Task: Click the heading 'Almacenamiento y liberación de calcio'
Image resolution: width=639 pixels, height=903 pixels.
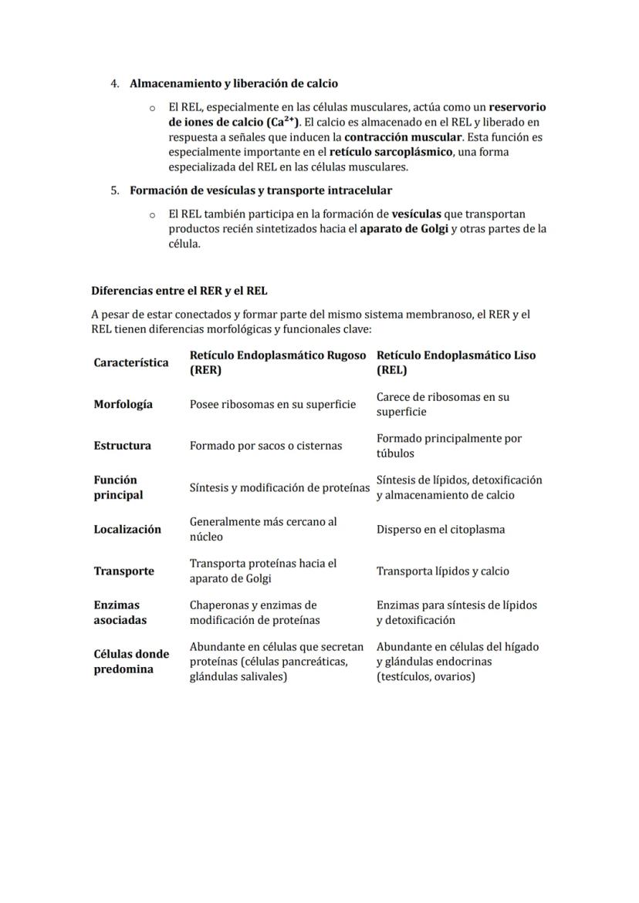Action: click(233, 83)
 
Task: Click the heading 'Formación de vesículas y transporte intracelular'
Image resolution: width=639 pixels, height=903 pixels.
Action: click(260, 190)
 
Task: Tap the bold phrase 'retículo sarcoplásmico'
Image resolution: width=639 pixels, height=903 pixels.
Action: click(391, 152)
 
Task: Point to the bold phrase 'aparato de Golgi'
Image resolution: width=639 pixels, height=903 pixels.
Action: click(404, 229)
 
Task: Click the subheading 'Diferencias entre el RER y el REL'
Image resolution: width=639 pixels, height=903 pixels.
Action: click(179, 291)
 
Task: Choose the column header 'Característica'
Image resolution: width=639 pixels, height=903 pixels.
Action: click(131, 362)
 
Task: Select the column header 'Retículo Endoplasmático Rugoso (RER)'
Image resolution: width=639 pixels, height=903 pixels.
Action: click(278, 362)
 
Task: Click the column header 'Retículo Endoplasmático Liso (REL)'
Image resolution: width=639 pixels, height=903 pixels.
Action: click(455, 362)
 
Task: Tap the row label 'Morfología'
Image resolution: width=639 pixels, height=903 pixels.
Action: click(123, 404)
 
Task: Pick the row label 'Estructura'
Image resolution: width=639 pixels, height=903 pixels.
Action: click(123, 446)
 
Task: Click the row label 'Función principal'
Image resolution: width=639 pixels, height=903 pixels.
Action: click(118, 487)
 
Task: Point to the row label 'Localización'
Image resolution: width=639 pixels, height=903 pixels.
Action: click(127, 529)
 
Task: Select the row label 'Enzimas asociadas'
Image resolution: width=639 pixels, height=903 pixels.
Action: click(120, 612)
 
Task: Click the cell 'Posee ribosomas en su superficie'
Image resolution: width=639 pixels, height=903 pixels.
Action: click(272, 404)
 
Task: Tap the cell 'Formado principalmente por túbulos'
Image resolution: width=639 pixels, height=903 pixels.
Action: click(448, 446)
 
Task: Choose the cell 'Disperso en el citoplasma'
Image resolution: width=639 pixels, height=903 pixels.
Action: click(440, 530)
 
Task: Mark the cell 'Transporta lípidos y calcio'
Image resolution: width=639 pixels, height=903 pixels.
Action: click(442, 571)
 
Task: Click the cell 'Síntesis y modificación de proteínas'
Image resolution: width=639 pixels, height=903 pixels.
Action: click(279, 487)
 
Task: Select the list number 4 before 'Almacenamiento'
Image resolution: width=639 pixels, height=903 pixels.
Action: click(114, 83)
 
